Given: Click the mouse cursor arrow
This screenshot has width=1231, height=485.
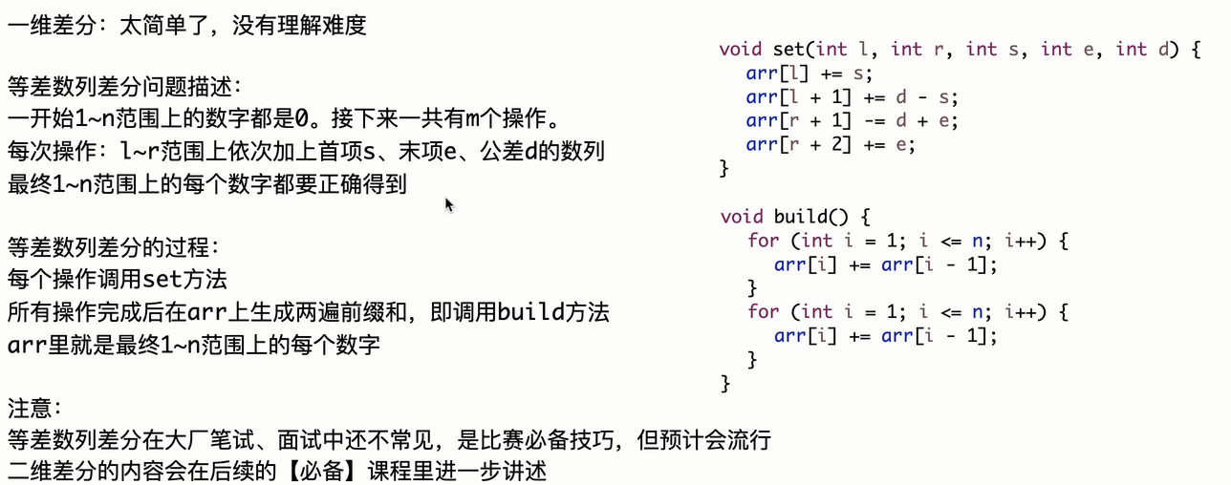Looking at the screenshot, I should tap(448, 204).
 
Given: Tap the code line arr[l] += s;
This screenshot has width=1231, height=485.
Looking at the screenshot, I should tap(809, 74).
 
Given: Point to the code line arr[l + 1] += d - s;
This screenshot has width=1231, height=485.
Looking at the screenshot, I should tap(852, 97).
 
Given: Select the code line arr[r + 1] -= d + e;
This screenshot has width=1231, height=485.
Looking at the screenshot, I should tap(852, 121).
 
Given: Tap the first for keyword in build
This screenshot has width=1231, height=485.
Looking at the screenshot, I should tap(763, 241).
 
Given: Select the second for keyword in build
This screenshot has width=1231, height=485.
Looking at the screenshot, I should tap(763, 312).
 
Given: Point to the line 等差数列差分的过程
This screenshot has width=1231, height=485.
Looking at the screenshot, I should tap(113, 248).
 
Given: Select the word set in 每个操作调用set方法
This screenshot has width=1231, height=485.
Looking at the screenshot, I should tap(161, 281).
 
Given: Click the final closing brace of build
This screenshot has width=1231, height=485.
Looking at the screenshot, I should tap(725, 384).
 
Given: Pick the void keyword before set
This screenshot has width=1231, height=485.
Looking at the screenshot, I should tap(741, 49).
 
